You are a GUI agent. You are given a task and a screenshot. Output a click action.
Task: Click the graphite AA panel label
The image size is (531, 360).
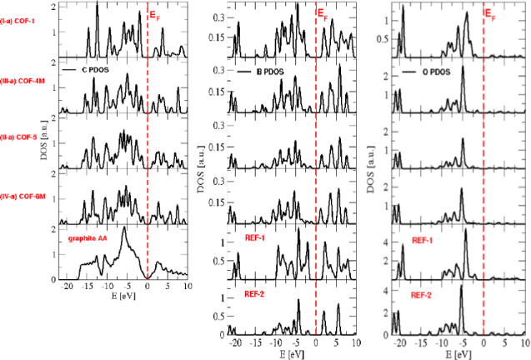(88, 238)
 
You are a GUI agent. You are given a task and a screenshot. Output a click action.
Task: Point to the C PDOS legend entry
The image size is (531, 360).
(93, 72)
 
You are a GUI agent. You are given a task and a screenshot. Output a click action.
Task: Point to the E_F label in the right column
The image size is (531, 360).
(492, 14)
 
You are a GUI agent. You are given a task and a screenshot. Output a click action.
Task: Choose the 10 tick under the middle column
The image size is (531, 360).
(355, 342)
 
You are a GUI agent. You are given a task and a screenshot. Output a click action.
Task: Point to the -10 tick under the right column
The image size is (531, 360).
(443, 342)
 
